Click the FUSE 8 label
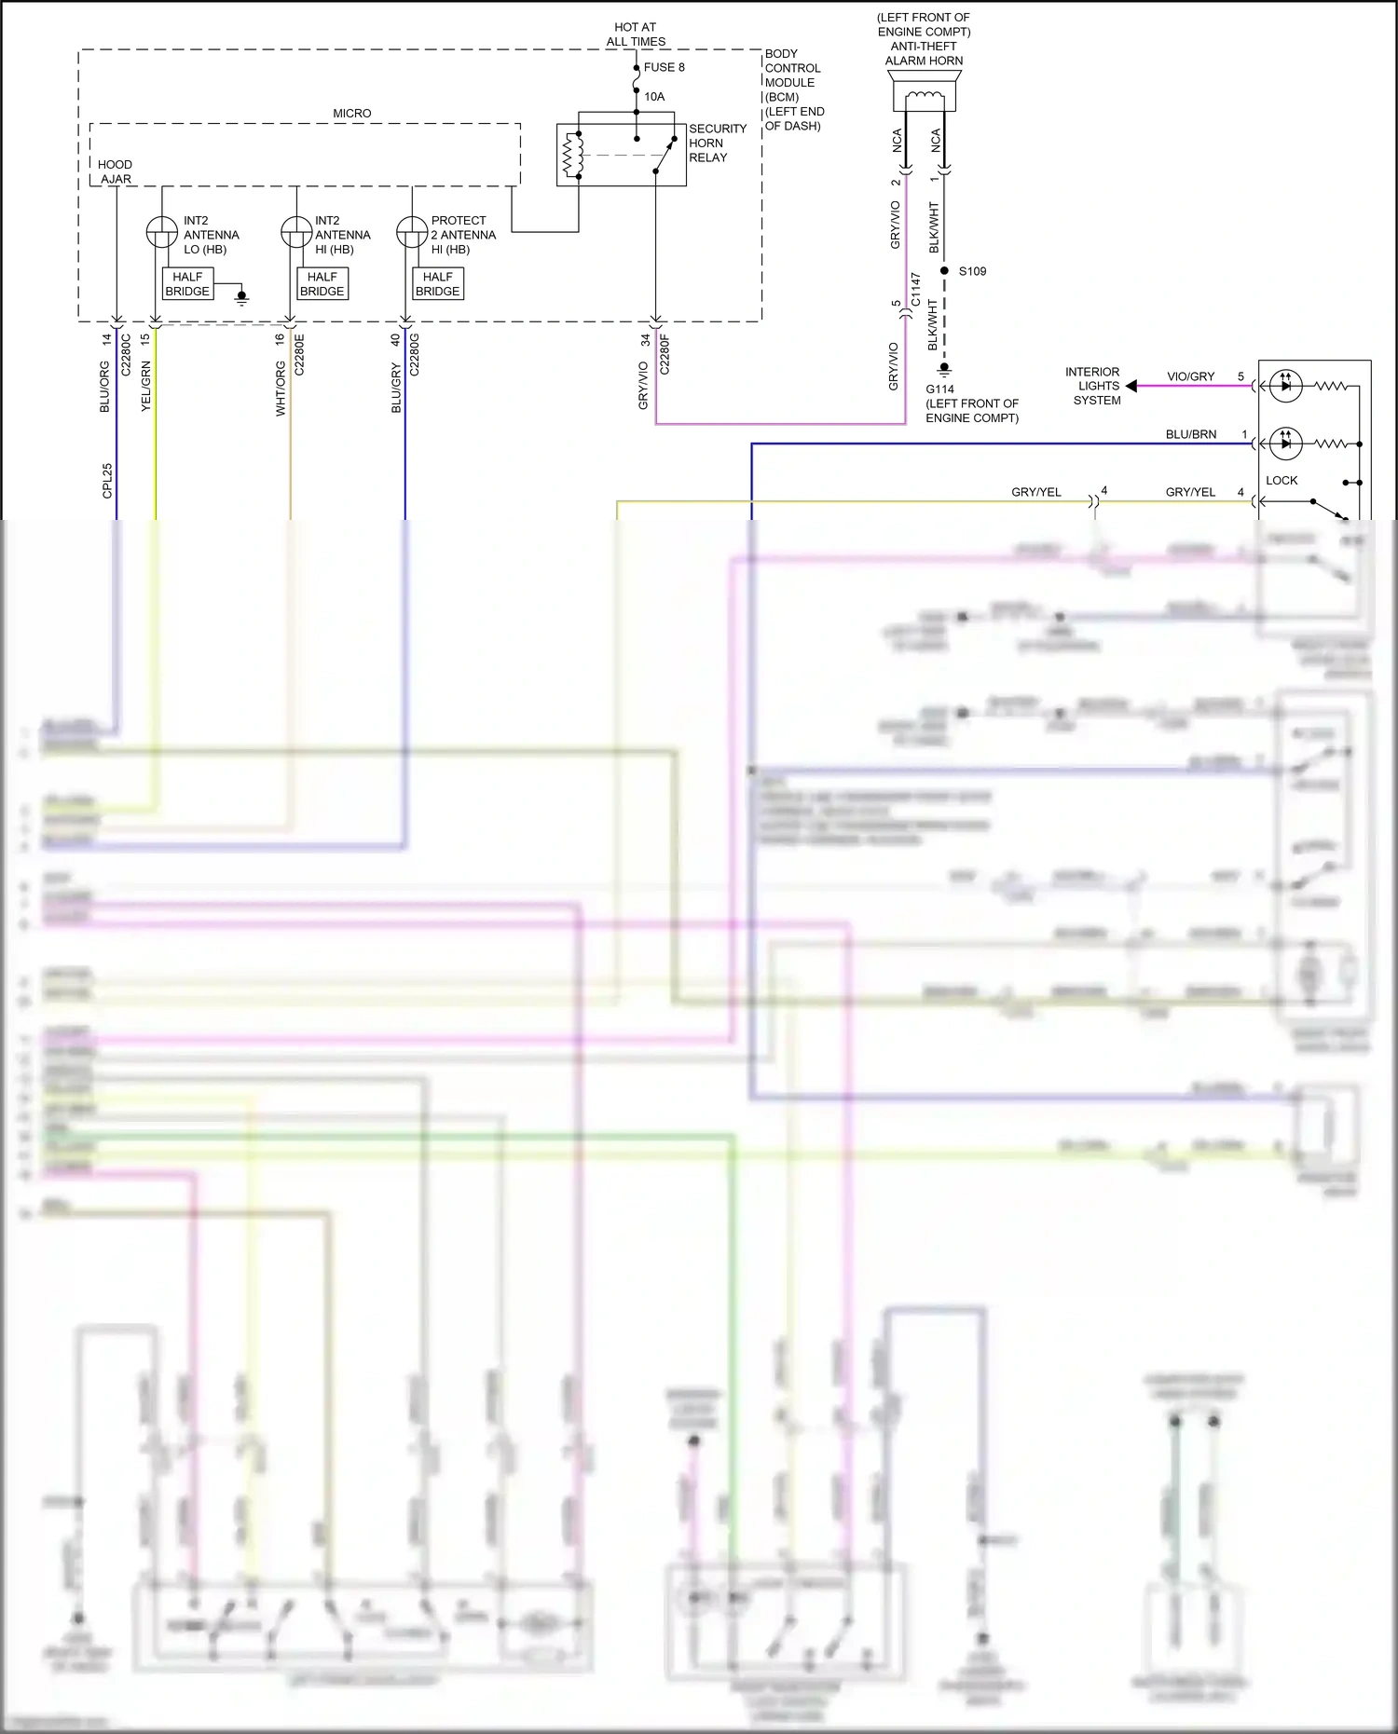point(664,67)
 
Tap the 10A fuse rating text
point(654,97)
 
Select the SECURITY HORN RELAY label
point(717,143)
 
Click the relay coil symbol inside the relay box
point(571,155)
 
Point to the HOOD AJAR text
point(116,171)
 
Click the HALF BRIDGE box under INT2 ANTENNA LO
point(187,284)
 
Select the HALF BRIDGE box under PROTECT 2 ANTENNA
point(437,284)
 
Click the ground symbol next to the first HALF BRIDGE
point(242,298)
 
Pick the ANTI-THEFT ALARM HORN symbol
point(924,95)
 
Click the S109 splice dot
point(944,271)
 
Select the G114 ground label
point(939,389)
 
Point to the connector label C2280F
point(665,355)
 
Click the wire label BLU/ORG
point(104,387)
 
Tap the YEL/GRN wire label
point(145,387)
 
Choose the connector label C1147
point(915,290)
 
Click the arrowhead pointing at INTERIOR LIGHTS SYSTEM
point(1131,386)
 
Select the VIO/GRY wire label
point(1190,376)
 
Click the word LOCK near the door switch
point(1281,481)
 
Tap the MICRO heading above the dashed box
point(351,114)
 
